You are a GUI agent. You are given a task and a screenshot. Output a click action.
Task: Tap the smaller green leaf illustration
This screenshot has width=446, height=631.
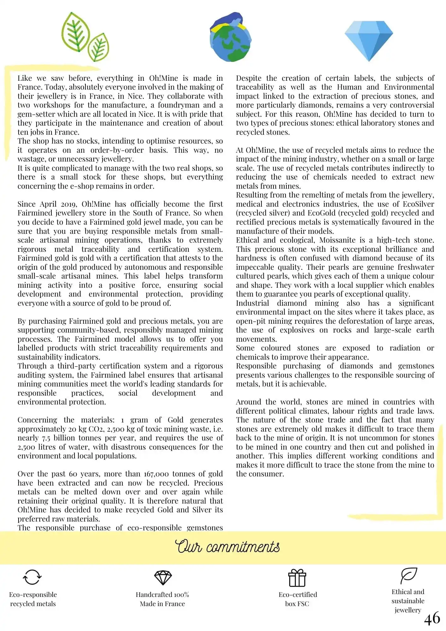[98, 47]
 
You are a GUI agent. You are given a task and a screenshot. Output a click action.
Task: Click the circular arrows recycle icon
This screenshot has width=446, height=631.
[32, 577]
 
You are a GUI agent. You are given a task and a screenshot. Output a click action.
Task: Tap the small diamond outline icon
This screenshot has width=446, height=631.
[163, 577]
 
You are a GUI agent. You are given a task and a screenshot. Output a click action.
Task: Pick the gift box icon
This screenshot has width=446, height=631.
[297, 578]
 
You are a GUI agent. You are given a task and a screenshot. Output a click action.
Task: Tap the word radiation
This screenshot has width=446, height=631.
[405, 348]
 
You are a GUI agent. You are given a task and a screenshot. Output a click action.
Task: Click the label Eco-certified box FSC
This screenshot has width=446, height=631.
[297, 599]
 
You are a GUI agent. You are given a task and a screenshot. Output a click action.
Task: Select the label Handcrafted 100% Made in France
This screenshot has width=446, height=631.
[162, 599]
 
